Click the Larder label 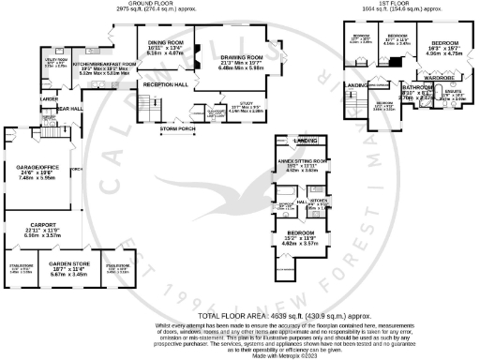click(50, 98)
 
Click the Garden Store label click(68, 266)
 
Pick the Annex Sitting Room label click(305, 161)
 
